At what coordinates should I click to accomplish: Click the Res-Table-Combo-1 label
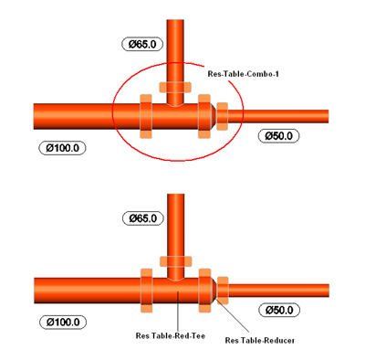243,74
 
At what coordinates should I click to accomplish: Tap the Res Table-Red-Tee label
171,335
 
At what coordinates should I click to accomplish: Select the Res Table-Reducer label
260,340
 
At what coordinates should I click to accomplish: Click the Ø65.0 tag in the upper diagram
142,44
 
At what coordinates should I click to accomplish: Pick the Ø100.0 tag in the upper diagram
62,148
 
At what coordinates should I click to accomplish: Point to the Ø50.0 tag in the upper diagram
278,135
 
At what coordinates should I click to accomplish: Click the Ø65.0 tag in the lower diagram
143,218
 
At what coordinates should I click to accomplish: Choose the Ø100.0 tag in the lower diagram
63,323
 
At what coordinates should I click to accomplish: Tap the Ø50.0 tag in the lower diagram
279,310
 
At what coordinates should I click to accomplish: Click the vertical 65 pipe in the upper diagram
175,62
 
